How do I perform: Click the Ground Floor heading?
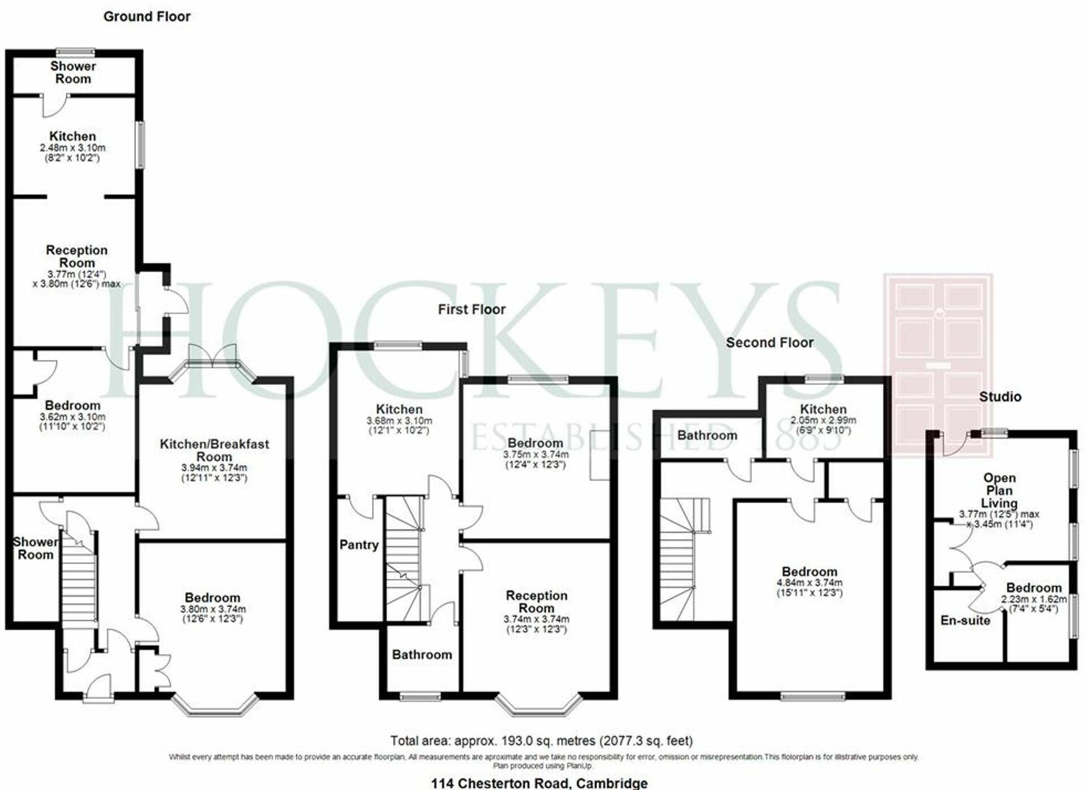pyautogui.click(x=147, y=16)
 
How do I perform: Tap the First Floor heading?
pyautogui.click(x=472, y=310)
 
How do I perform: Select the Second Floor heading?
pyautogui.click(x=769, y=342)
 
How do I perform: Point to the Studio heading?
pyautogui.click(x=1000, y=397)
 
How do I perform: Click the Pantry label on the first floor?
pyautogui.click(x=359, y=545)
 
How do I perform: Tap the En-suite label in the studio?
pyautogui.click(x=965, y=620)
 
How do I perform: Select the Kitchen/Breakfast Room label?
pyautogui.click(x=214, y=450)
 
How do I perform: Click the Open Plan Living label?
pyautogui.click(x=999, y=491)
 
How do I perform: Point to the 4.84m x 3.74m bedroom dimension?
pyautogui.click(x=810, y=582)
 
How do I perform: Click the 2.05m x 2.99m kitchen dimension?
pyautogui.click(x=823, y=420)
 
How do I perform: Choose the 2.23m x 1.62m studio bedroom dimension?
pyautogui.click(x=1034, y=599)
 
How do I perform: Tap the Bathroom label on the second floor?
pyautogui.click(x=707, y=435)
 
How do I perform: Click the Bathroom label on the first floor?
pyautogui.click(x=422, y=655)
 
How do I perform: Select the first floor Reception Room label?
pyautogui.click(x=537, y=602)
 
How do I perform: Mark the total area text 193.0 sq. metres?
pyautogui.click(x=541, y=741)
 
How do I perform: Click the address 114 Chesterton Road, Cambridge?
pyautogui.click(x=539, y=783)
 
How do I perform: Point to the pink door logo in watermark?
pyautogui.click(x=938, y=365)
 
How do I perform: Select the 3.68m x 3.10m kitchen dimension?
pyautogui.click(x=399, y=421)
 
